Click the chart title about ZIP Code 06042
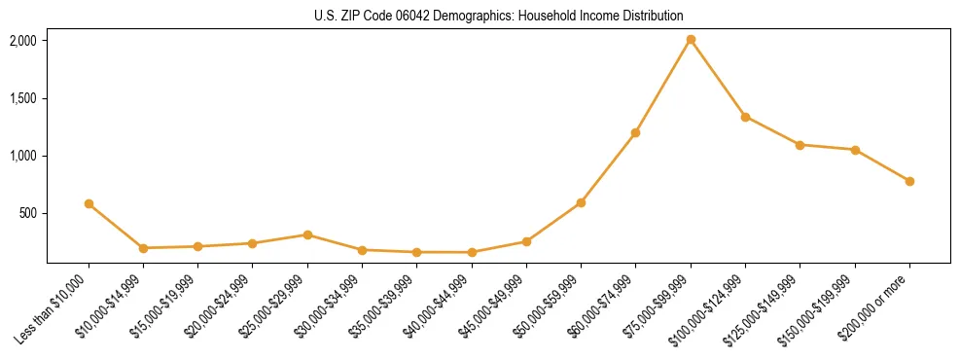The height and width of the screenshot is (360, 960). point(498,16)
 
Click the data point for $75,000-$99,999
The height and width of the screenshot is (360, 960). point(691,40)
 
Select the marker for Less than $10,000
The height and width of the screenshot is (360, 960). point(89,204)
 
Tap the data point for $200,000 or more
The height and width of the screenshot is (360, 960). point(909,181)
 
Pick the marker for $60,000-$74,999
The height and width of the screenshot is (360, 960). point(635,132)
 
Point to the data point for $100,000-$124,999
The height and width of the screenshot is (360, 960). point(745,117)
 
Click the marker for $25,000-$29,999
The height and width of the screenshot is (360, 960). point(307,234)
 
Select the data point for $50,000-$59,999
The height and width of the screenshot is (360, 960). point(581,202)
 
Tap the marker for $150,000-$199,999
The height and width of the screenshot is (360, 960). point(855,150)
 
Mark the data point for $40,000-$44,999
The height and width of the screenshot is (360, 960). point(472,252)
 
